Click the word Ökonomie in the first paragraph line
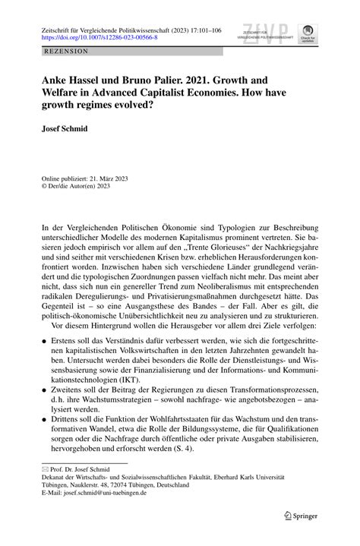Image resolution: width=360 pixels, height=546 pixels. point(166,228)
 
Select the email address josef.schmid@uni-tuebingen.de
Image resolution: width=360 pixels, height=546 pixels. point(99,498)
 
